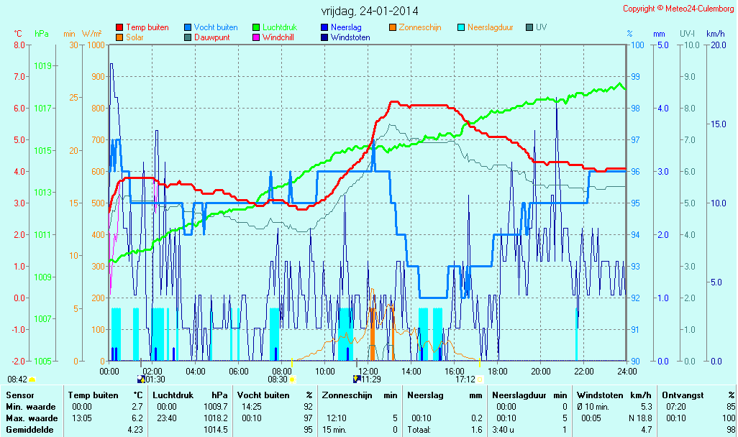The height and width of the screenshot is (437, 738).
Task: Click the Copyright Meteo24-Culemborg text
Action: click(x=678, y=9)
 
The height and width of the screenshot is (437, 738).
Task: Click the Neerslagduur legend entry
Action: click(x=491, y=27)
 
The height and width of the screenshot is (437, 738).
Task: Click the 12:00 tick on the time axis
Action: click(x=368, y=371)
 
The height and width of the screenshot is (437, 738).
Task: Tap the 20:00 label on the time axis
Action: click(x=541, y=371)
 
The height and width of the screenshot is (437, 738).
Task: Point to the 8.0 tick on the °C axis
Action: click(x=19, y=45)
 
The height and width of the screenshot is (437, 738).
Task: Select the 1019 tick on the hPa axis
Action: click(x=42, y=66)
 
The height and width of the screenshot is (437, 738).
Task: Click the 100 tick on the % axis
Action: click(x=637, y=45)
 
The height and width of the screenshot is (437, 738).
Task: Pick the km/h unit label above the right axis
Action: click(x=715, y=34)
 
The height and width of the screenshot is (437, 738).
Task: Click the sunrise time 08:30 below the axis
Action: click(x=277, y=379)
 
